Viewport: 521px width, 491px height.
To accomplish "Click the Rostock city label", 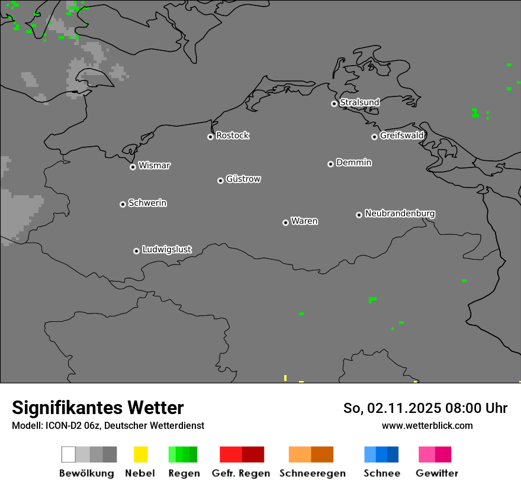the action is coord(232,135).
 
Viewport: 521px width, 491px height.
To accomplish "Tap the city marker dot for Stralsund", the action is coord(334,104).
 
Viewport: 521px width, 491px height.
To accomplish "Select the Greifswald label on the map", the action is coord(401,135).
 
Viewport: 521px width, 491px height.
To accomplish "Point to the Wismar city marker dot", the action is coord(133,167).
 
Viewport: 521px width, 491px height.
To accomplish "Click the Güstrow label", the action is coord(243,179).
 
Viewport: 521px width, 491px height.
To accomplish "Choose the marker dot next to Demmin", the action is coord(330,164).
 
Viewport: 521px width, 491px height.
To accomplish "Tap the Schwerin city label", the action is coord(147,203).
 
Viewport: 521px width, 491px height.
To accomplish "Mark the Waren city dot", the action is coord(285,222).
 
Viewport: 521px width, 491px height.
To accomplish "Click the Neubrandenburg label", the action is coord(400,213).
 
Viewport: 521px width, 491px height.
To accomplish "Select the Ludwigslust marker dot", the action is coord(136,251).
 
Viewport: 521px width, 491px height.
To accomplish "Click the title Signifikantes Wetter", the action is coord(98,408).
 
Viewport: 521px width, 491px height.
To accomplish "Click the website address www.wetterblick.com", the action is coord(427,425).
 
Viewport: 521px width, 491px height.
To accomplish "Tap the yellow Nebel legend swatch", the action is coord(140,454).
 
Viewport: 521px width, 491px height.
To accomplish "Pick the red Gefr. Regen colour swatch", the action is coord(242,454).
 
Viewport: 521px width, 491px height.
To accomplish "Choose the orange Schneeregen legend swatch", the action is coord(311,454).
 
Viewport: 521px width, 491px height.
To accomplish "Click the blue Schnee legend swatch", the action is coord(381,454).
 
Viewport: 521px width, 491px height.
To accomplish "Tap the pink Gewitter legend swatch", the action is coord(435,454).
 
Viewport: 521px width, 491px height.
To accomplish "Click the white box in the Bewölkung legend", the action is coord(69,454).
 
